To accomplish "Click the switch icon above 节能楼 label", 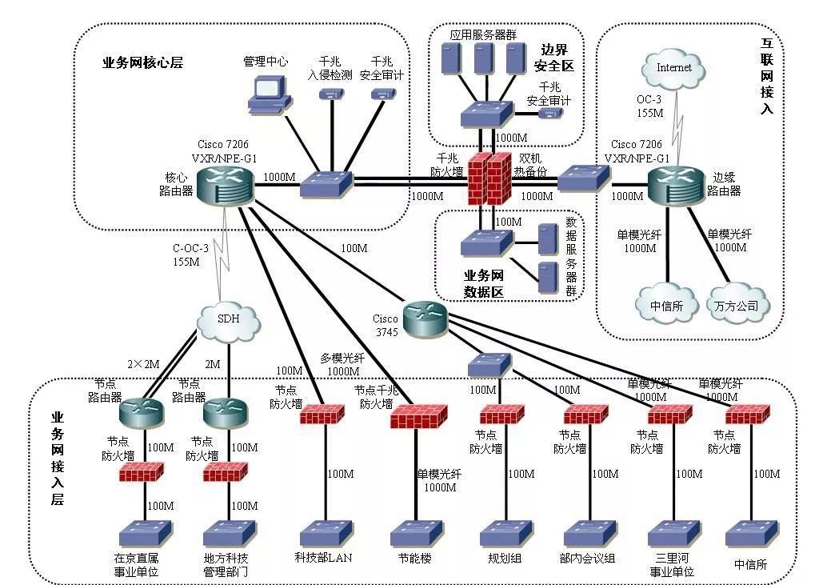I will [415, 532].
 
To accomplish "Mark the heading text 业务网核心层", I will [143, 63].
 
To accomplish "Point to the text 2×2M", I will [144, 364].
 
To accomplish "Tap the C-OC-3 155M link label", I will [190, 254].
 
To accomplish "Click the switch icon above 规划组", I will [505, 532].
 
